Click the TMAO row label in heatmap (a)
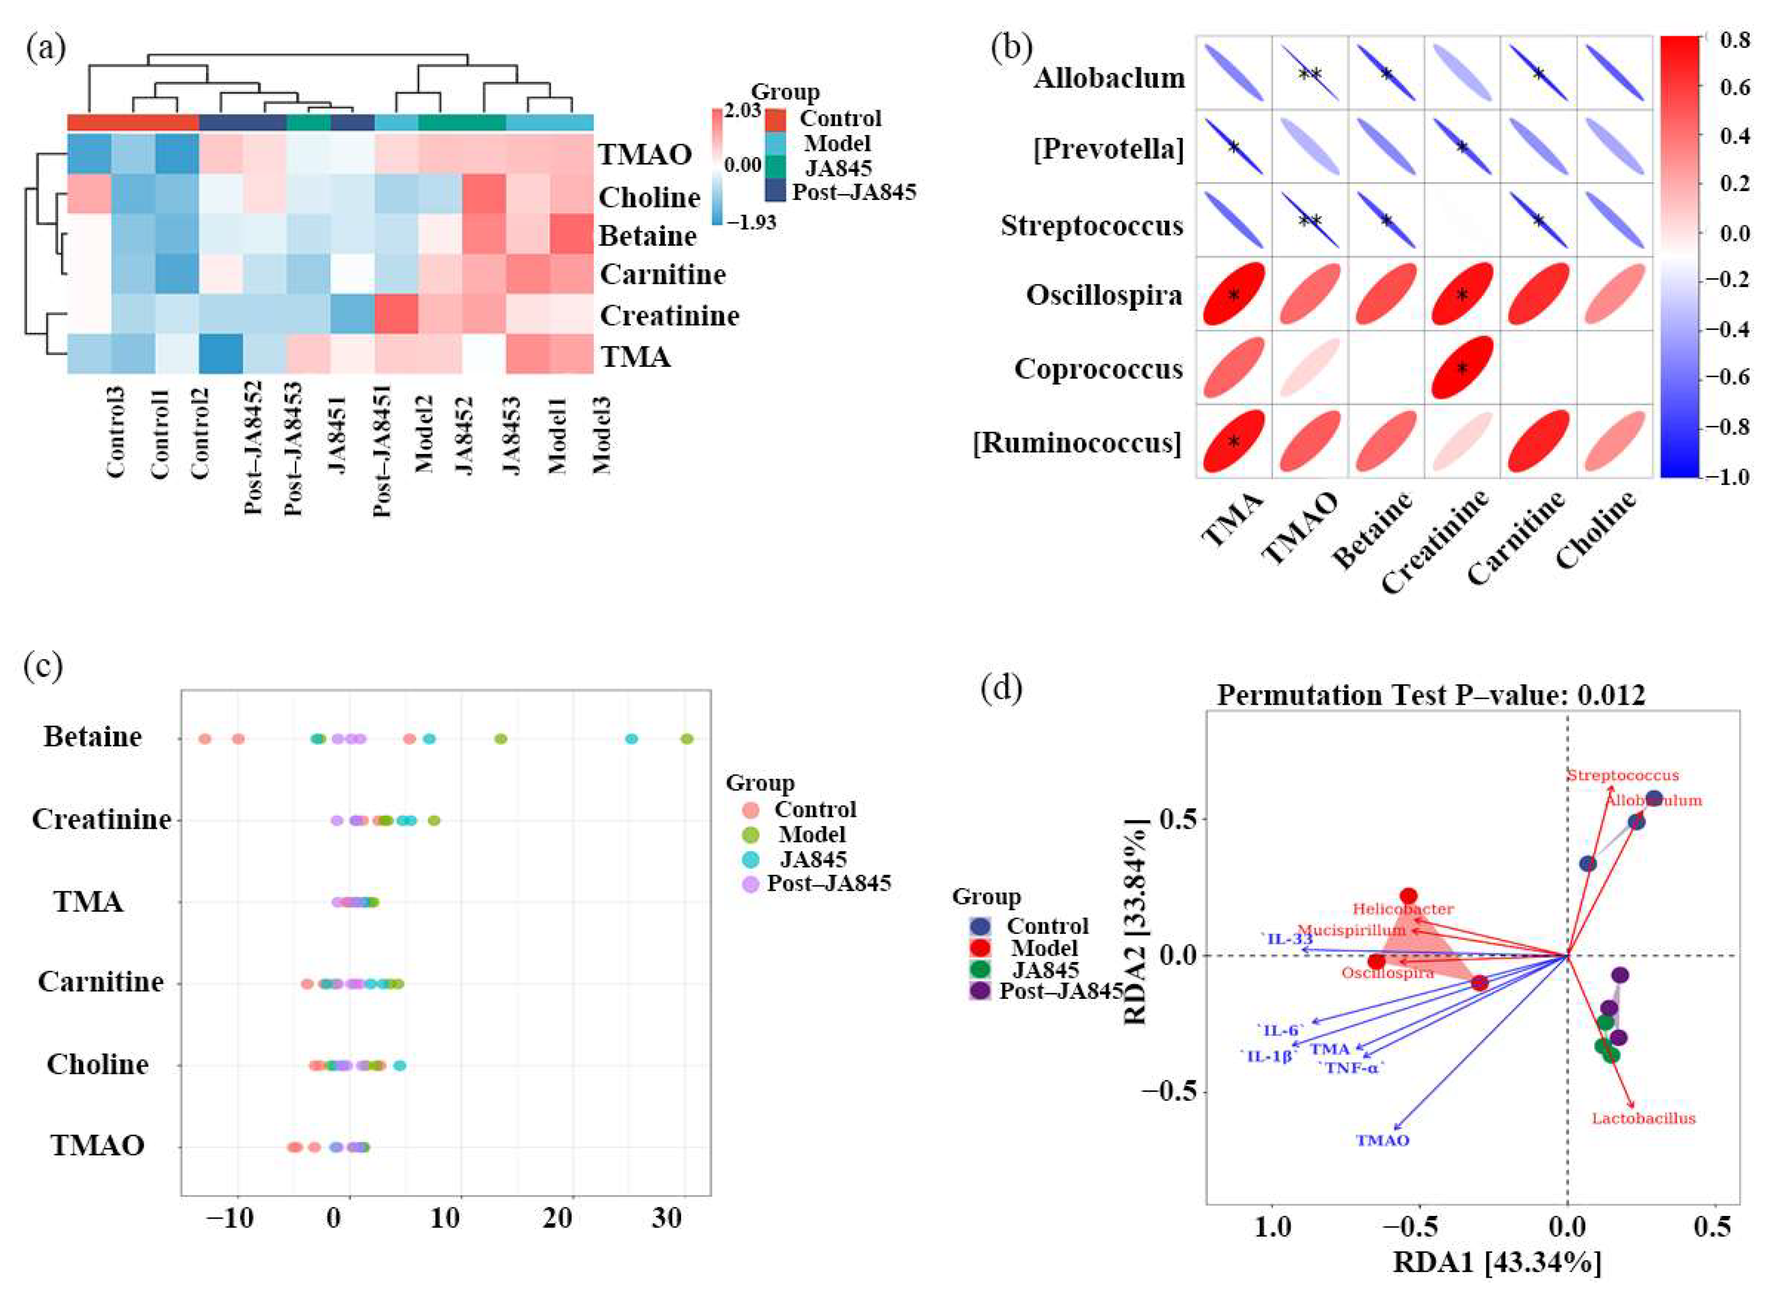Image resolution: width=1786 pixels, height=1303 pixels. point(645,155)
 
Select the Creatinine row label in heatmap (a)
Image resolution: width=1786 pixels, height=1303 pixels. point(669,316)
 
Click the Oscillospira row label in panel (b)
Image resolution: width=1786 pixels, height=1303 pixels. point(1104,295)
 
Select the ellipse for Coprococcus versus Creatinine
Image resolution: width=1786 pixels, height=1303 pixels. point(1462,367)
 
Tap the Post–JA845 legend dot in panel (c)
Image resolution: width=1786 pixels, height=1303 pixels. point(751,883)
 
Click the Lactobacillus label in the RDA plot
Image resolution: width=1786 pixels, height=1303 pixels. point(1643,1118)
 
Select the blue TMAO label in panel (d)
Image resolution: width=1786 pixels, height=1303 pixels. point(1382,1140)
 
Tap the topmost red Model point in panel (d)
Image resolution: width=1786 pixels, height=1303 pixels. point(1409,896)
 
